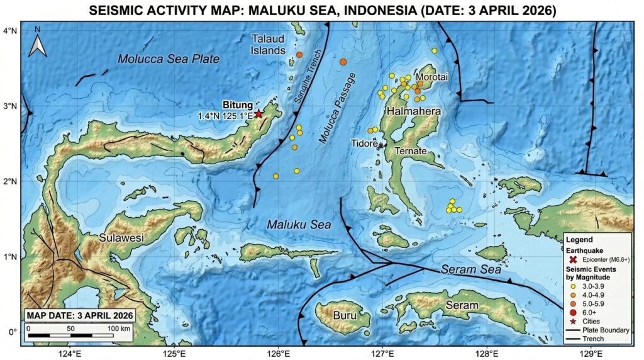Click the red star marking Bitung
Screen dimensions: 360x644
point(258,114)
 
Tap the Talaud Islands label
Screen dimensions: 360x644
point(269,44)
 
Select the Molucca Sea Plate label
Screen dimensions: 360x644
point(169,59)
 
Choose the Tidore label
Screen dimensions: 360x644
point(364,143)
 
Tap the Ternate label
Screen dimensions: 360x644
point(411,152)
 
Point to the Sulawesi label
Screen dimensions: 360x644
point(122,238)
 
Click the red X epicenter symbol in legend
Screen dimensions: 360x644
point(572,259)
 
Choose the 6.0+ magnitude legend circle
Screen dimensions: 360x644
point(572,313)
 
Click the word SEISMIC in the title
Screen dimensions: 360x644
point(118,11)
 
